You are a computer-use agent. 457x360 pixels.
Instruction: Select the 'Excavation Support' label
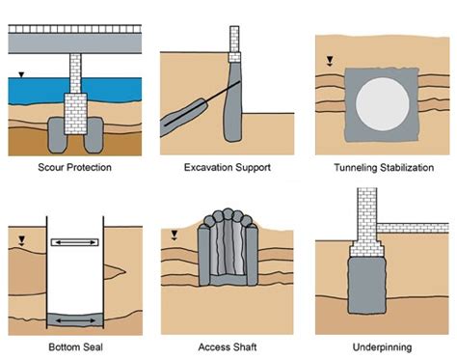(227, 167)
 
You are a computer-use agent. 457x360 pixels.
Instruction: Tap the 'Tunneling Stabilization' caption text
(380, 167)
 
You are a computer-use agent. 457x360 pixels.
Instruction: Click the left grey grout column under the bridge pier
(59, 133)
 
